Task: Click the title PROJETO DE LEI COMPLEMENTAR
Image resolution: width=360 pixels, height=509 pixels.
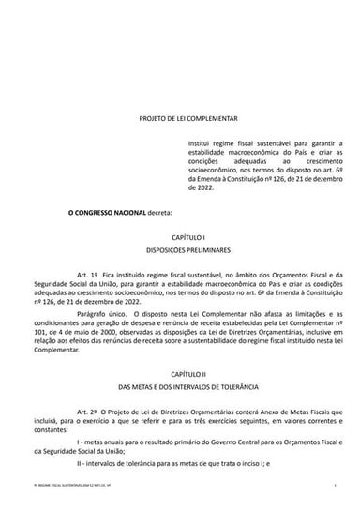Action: pyautogui.click(x=180, y=121)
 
